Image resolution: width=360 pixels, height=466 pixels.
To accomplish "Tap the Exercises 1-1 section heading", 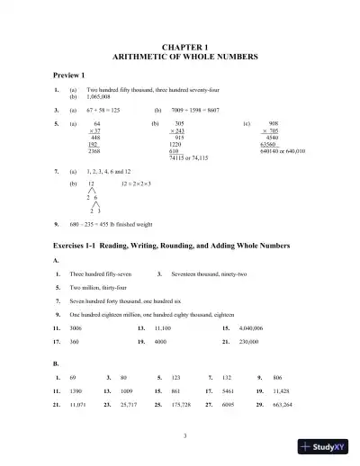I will tap(176, 246).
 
